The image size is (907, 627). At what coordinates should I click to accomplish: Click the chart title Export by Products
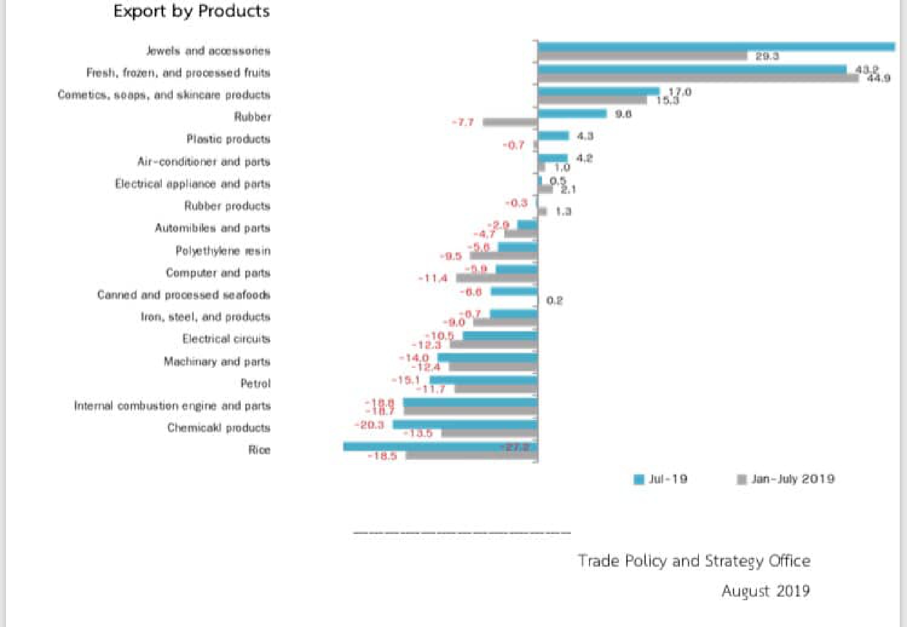point(191,11)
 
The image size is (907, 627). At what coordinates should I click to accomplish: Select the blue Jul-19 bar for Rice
point(440,447)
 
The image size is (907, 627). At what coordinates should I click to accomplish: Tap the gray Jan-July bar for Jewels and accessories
point(642,56)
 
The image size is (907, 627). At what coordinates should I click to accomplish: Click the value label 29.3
point(767,56)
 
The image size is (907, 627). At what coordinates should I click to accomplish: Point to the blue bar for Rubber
point(572,114)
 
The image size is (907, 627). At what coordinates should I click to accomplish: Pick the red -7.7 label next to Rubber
point(463,123)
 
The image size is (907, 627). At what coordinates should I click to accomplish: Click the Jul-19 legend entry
point(661,479)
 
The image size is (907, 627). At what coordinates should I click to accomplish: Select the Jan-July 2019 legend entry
point(786,479)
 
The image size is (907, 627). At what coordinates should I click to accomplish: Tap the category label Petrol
point(255,384)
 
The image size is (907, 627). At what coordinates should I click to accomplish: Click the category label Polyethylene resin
point(223,251)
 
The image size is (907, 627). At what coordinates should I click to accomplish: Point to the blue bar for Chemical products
point(465,425)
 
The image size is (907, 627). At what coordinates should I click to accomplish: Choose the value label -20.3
point(370,425)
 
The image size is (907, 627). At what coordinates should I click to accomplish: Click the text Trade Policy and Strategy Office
point(694,561)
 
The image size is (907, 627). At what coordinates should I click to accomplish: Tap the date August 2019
point(766,591)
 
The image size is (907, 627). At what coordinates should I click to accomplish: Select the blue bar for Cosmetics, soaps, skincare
point(599,91)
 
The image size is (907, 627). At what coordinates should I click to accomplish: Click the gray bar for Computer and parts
point(497,278)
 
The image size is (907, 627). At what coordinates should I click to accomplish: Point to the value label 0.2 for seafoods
point(554,301)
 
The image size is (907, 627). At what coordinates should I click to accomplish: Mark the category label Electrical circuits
point(226,339)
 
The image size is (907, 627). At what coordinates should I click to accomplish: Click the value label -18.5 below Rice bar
point(382,456)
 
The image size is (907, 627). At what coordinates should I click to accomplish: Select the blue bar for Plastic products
point(553,136)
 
